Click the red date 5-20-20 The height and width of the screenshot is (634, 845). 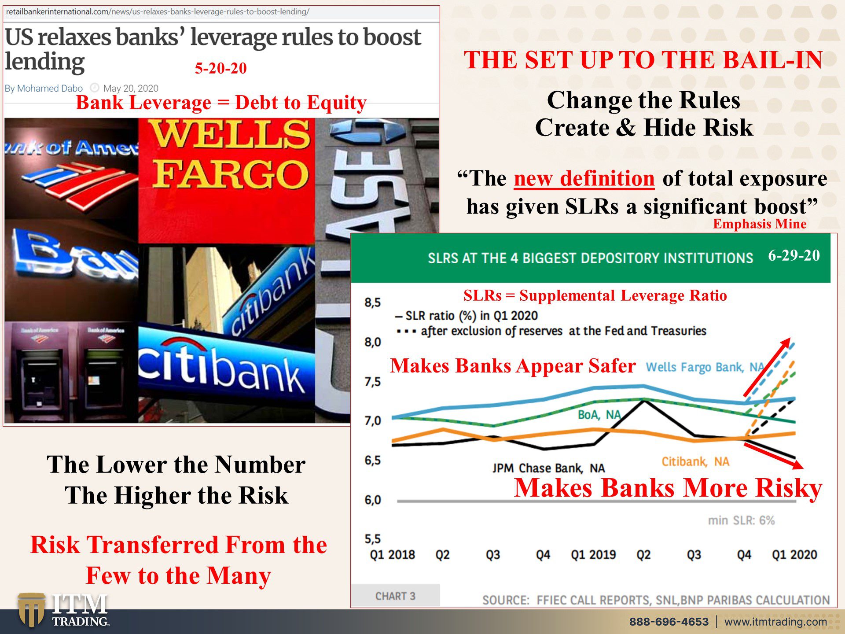(221, 68)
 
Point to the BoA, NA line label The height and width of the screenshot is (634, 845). (599, 415)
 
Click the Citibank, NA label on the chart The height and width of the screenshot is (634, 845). (695, 461)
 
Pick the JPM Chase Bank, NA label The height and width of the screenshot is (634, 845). (548, 468)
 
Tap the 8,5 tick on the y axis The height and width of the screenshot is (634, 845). (372, 302)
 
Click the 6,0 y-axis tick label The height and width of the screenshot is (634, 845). (372, 500)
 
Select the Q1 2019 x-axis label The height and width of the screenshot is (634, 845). (593, 555)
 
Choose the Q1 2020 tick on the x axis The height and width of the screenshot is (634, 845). (794, 555)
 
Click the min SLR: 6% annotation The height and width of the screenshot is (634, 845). (741, 520)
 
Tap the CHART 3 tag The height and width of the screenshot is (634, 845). (395, 596)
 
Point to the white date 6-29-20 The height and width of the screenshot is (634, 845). (794, 255)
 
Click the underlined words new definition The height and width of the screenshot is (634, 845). (584, 179)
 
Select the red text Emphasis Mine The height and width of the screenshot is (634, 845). (760, 224)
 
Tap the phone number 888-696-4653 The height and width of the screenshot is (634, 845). (669, 622)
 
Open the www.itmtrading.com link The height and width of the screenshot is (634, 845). (775, 622)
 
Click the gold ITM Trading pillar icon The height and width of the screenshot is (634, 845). (31, 610)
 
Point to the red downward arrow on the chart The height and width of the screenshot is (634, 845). (774, 456)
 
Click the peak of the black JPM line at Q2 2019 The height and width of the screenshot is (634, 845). (644, 401)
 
